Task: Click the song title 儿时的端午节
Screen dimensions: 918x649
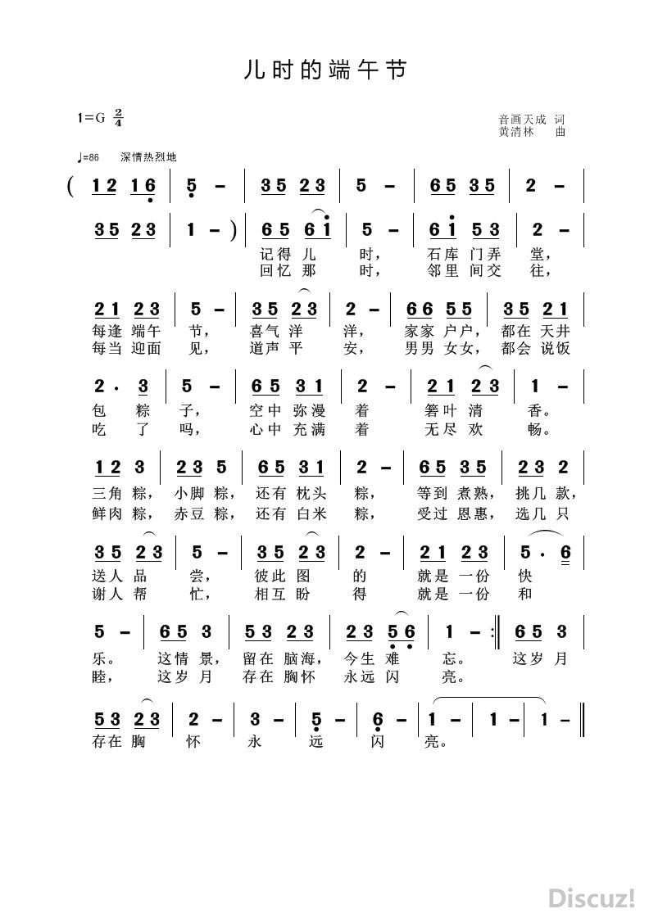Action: pyautogui.click(x=324, y=70)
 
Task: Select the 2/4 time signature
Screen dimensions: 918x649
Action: pyautogui.click(x=118, y=117)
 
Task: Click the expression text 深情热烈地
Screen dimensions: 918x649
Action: pyautogui.click(x=147, y=157)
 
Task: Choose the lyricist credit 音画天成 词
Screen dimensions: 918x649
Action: pyautogui.click(x=532, y=118)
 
